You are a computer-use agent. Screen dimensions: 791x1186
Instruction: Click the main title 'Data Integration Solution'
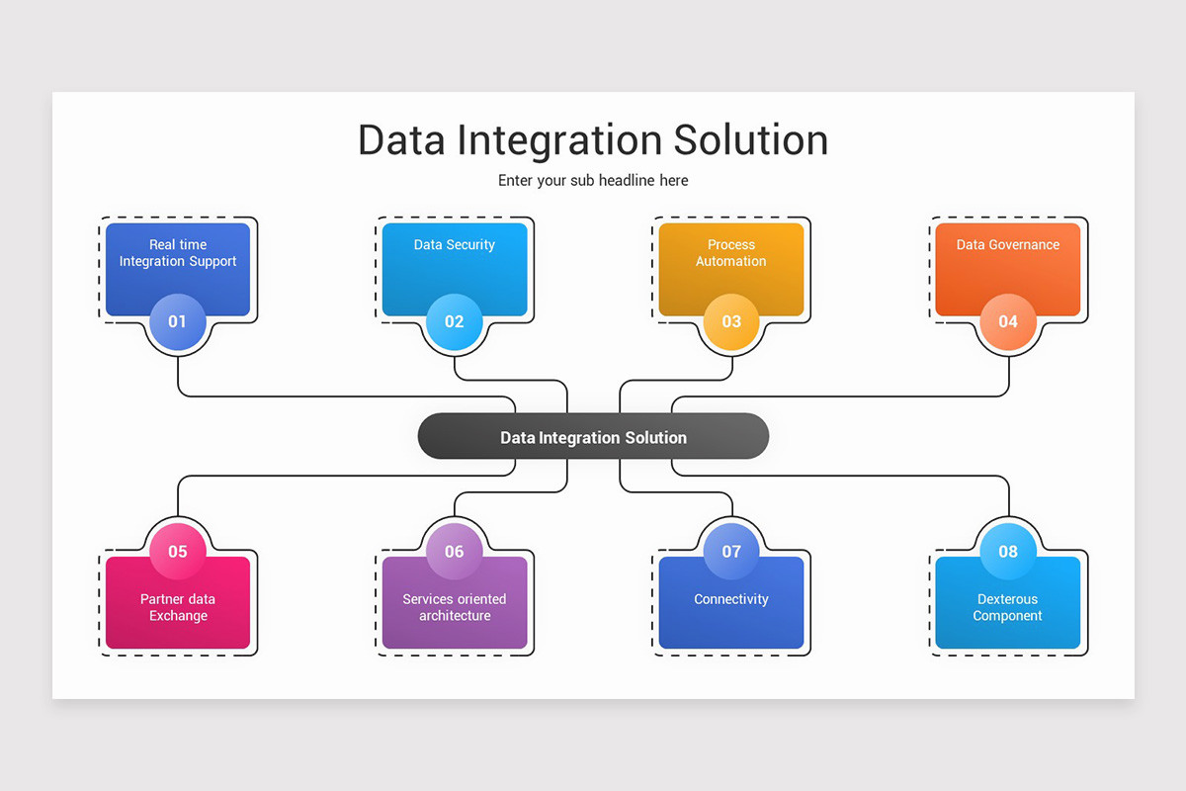(593, 140)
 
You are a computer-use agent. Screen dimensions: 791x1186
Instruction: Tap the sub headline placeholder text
(593, 181)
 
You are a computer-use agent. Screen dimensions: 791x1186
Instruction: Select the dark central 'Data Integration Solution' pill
(593, 437)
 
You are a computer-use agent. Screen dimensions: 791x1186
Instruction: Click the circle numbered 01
(178, 321)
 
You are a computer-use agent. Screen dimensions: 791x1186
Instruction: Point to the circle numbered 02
(455, 321)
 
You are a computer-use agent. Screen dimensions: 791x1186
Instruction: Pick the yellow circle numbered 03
(731, 321)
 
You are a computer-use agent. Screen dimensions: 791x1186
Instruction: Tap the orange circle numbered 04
(1008, 321)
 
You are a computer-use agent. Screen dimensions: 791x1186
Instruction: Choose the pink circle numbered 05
(178, 551)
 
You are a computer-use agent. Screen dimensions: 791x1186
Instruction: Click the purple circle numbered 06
(455, 551)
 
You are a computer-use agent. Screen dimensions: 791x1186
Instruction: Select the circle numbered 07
(731, 551)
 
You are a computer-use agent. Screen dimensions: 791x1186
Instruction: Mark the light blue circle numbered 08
(1008, 551)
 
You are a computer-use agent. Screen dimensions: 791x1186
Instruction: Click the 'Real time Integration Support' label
(178, 253)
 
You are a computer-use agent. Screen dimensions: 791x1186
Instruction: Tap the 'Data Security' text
(455, 245)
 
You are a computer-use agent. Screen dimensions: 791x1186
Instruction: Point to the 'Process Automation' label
(731, 253)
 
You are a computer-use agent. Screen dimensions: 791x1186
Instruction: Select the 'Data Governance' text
(1008, 245)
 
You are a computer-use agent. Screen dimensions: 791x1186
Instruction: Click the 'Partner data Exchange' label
(178, 607)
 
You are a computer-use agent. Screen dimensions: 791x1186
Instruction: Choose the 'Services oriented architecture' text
(455, 607)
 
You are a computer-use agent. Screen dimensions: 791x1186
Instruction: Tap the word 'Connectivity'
(731, 599)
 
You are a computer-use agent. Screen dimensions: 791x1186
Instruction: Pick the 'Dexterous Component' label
(1008, 607)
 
